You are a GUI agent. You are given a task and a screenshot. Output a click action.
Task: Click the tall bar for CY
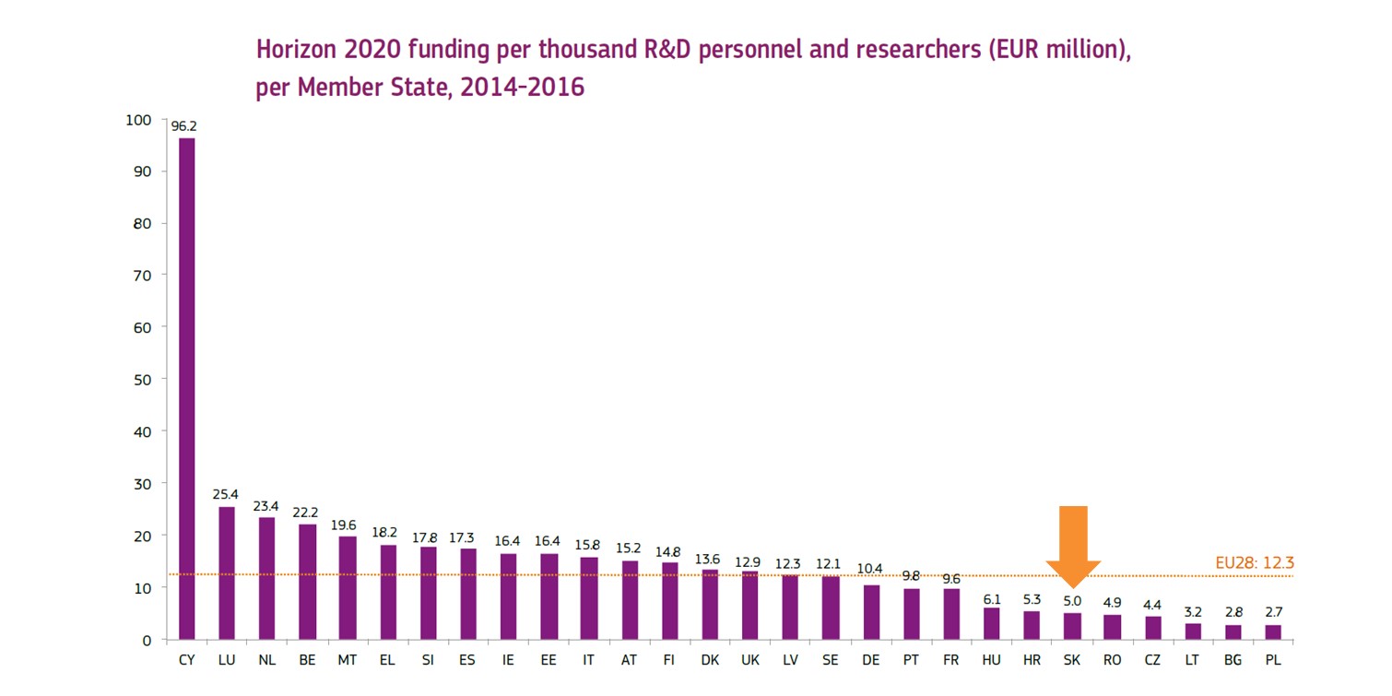coord(186,387)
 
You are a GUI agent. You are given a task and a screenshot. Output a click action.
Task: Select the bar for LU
coord(227,572)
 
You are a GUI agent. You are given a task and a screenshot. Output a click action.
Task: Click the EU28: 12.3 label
coord(1254,562)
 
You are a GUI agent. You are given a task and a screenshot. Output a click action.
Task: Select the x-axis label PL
coord(1274,660)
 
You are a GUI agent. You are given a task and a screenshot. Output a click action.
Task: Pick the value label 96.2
coord(184,126)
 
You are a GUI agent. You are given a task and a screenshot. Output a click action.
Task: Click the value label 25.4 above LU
coord(226,495)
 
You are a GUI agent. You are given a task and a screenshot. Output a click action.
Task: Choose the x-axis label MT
coord(348,660)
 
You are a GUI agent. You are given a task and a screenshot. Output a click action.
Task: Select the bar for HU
coord(992,623)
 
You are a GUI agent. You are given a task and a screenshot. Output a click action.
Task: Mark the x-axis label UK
coord(750,660)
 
